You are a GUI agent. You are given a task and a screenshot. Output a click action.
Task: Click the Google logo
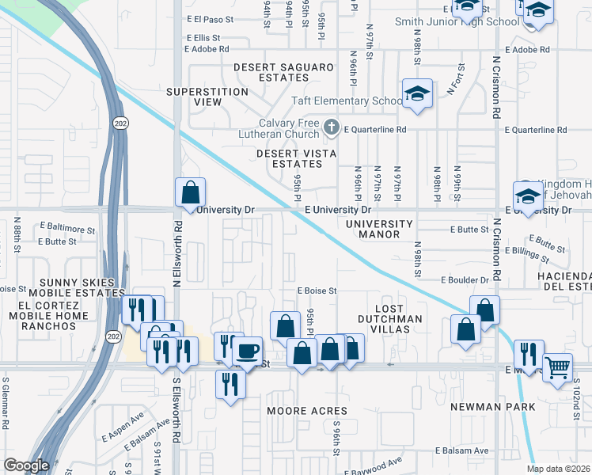click(x=26, y=465)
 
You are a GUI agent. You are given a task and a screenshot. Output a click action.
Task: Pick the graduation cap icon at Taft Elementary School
click(x=416, y=93)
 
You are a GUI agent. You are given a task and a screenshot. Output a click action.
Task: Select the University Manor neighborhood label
click(x=379, y=230)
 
